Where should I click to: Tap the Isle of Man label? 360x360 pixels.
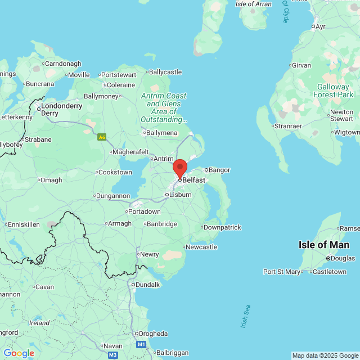pos(323,245)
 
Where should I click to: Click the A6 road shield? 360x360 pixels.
pos(102,137)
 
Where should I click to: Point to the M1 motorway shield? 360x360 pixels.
pos(141,344)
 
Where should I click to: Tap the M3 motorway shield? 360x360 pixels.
pos(113,355)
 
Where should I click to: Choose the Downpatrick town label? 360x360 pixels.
pos(222,227)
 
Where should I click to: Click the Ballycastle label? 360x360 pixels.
pos(165,72)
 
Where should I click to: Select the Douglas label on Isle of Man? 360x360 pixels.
pos(343,258)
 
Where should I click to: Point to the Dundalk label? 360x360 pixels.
pos(147,285)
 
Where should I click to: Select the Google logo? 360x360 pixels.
pos(19,353)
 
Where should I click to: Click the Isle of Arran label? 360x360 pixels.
pos(254,4)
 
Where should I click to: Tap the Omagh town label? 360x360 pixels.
pos(51,180)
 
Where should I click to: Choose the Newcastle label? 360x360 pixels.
pos(201,247)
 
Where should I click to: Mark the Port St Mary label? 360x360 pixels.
pos(282,272)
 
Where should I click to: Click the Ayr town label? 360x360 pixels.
pos(321,26)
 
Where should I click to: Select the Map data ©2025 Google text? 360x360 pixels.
pos(325,355)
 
